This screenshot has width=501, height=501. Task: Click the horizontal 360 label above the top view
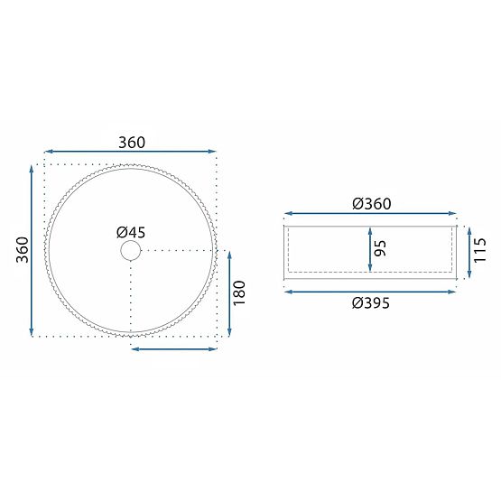click(132, 142)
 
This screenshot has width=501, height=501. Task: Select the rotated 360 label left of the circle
click(24, 249)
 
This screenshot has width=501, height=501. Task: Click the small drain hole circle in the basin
click(131, 251)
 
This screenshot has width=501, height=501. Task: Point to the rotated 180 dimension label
click(239, 292)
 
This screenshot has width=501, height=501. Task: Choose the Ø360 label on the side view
click(371, 204)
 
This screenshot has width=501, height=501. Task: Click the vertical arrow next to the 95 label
click(370, 248)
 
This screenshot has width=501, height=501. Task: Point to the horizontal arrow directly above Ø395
click(371, 291)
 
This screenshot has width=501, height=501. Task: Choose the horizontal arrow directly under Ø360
click(371, 216)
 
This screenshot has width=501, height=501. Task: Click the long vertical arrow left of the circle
click(33, 250)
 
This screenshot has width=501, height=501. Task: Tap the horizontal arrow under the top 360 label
click(131, 153)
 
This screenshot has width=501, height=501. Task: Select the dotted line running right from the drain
click(181, 250)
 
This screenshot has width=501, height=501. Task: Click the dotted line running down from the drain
click(131, 298)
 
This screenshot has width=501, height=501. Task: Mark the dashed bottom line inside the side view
click(371, 271)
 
